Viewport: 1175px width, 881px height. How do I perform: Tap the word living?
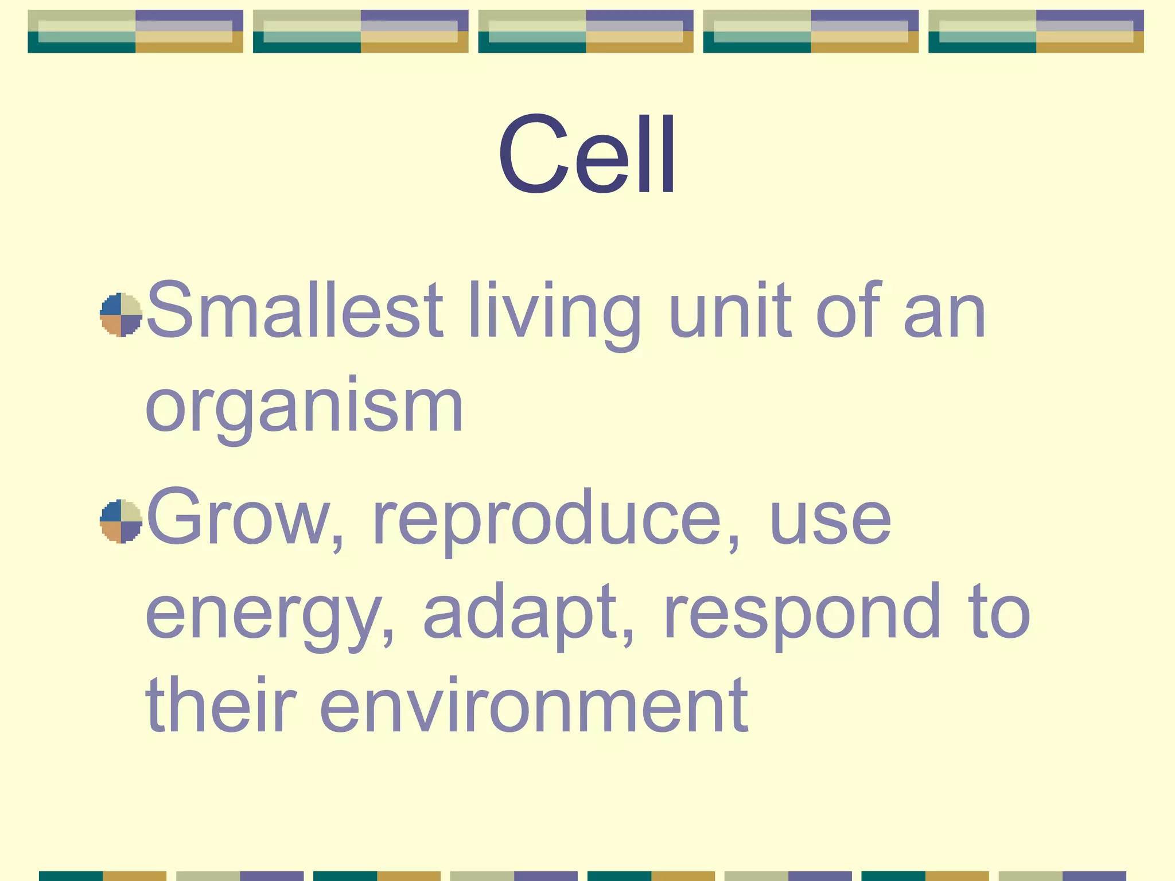click(554, 314)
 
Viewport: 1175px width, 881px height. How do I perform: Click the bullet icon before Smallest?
click(120, 314)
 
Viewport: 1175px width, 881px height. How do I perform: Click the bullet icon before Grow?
click(120, 521)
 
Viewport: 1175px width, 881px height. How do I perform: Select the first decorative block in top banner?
click(135, 32)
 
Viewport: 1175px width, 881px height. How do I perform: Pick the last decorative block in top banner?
click(1036, 32)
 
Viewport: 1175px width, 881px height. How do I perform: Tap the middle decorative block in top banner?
click(586, 32)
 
